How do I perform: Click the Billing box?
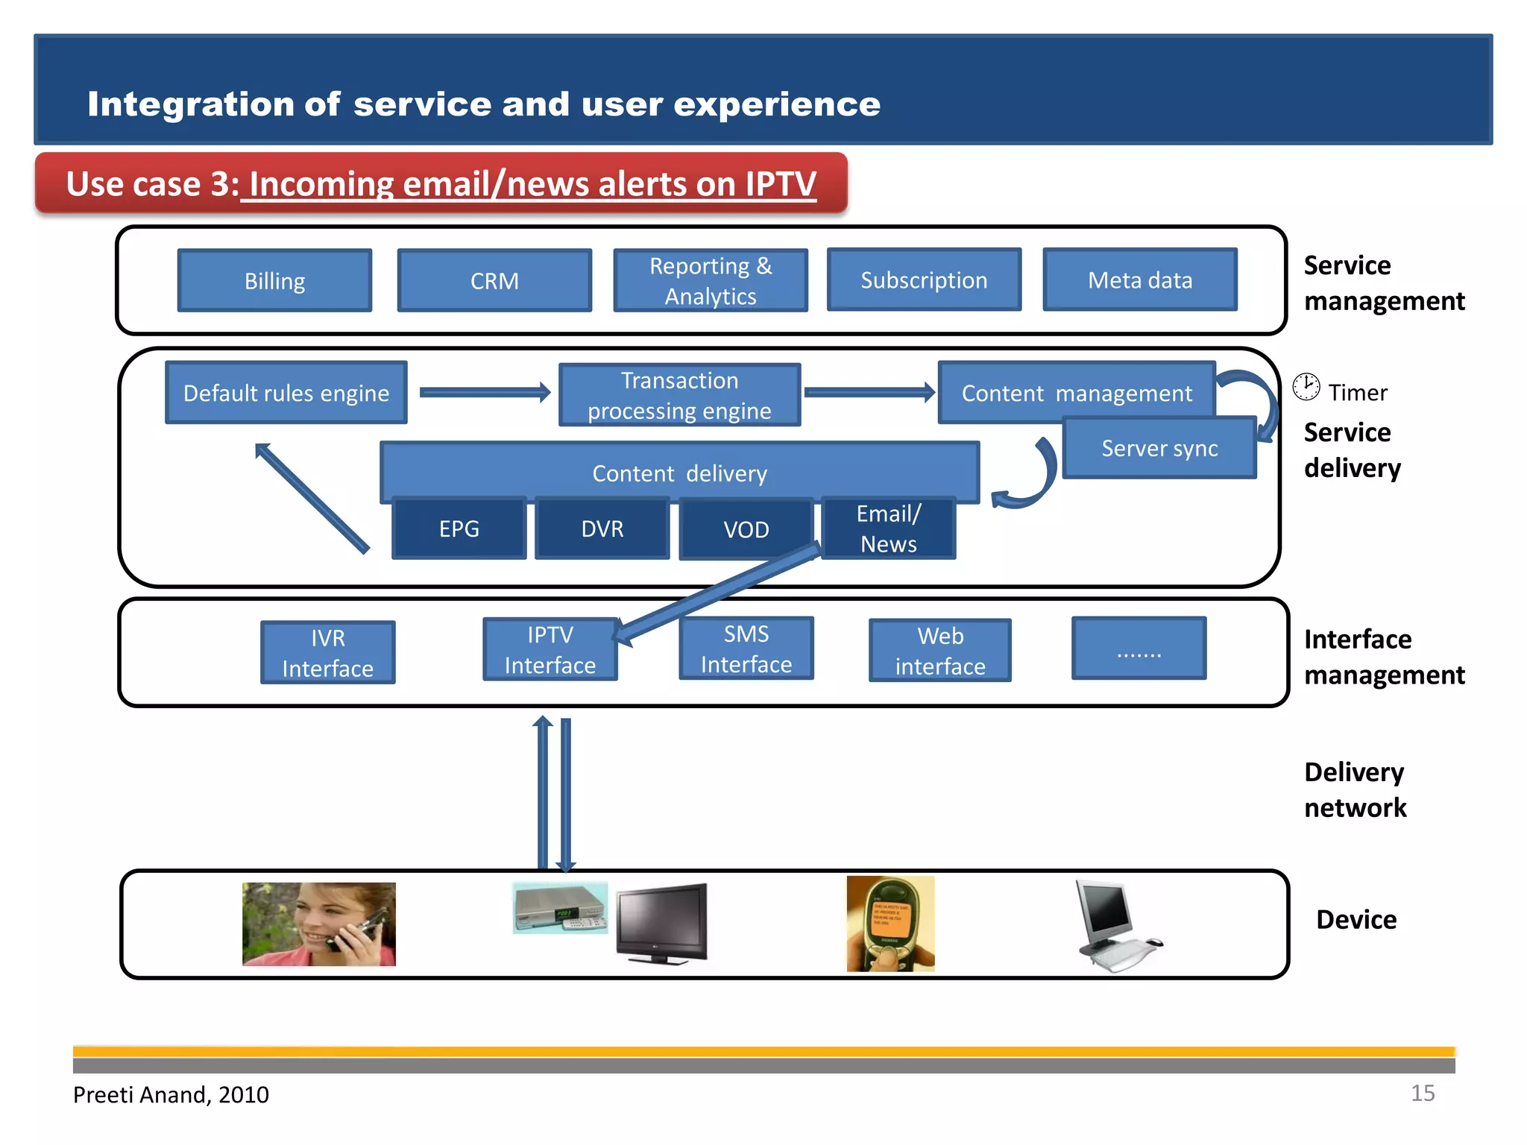pos(274,280)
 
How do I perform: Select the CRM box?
pos(494,280)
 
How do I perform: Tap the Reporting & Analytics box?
pos(710,280)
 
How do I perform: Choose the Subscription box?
pos(924,280)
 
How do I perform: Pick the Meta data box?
pos(1139,280)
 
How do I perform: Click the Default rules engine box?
pos(286,393)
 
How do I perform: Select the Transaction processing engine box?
pos(679,395)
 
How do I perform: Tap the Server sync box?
pos(1159,448)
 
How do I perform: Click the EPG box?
pos(459,529)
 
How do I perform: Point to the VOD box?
pos(746,529)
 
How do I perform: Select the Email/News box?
pos(888,529)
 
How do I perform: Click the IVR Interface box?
pos(327,653)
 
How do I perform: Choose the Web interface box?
pos(939,651)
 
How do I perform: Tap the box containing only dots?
pos(1139,649)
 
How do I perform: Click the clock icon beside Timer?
pos(1306,387)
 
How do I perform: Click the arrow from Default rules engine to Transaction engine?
pos(485,392)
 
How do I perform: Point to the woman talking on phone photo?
pos(318,924)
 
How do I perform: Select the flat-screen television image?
pos(662,923)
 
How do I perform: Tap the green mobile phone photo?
pos(890,924)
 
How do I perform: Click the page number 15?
pos(1422,1093)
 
